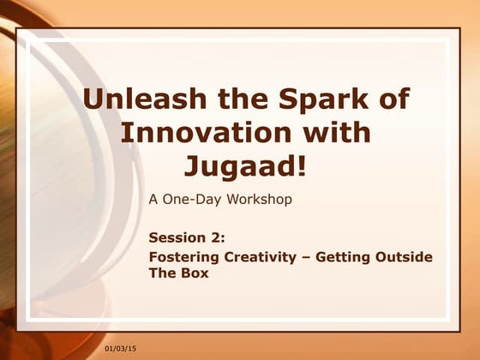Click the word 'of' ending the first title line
[390, 99]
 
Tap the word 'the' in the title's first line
[236, 99]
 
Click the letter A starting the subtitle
[153, 200]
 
